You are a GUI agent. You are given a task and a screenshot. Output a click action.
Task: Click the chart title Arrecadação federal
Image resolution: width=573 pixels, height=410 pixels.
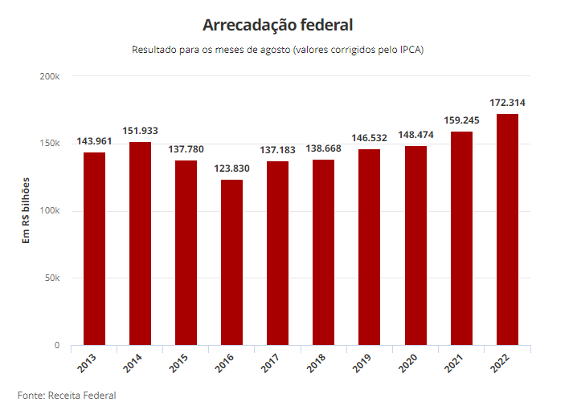[278, 25]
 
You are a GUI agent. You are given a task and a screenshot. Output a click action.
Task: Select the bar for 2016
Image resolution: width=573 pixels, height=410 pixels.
[232, 262]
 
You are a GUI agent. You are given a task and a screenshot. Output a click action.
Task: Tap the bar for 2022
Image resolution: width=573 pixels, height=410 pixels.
[508, 229]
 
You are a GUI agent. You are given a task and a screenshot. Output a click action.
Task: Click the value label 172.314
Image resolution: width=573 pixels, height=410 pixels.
[508, 103]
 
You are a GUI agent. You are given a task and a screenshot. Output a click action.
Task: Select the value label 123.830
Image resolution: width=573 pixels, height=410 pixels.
[232, 168]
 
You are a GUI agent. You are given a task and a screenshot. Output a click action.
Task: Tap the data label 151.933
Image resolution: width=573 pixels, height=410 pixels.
[141, 131]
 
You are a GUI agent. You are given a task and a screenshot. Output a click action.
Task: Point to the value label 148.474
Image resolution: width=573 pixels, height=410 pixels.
[416, 135]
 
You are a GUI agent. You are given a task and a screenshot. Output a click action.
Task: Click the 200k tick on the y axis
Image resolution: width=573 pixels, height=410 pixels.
[50, 76]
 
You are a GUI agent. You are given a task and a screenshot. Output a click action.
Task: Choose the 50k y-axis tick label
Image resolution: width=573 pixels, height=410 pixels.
[52, 278]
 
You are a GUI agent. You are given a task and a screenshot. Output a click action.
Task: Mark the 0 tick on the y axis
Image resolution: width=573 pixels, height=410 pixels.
[57, 346]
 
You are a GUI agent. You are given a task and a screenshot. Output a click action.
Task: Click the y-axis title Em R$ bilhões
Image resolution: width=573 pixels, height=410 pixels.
[27, 210]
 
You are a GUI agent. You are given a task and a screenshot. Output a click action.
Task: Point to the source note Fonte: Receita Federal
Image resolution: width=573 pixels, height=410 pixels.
[67, 396]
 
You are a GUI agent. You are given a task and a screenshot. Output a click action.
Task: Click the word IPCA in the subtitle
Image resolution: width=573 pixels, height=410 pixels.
[407, 50]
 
